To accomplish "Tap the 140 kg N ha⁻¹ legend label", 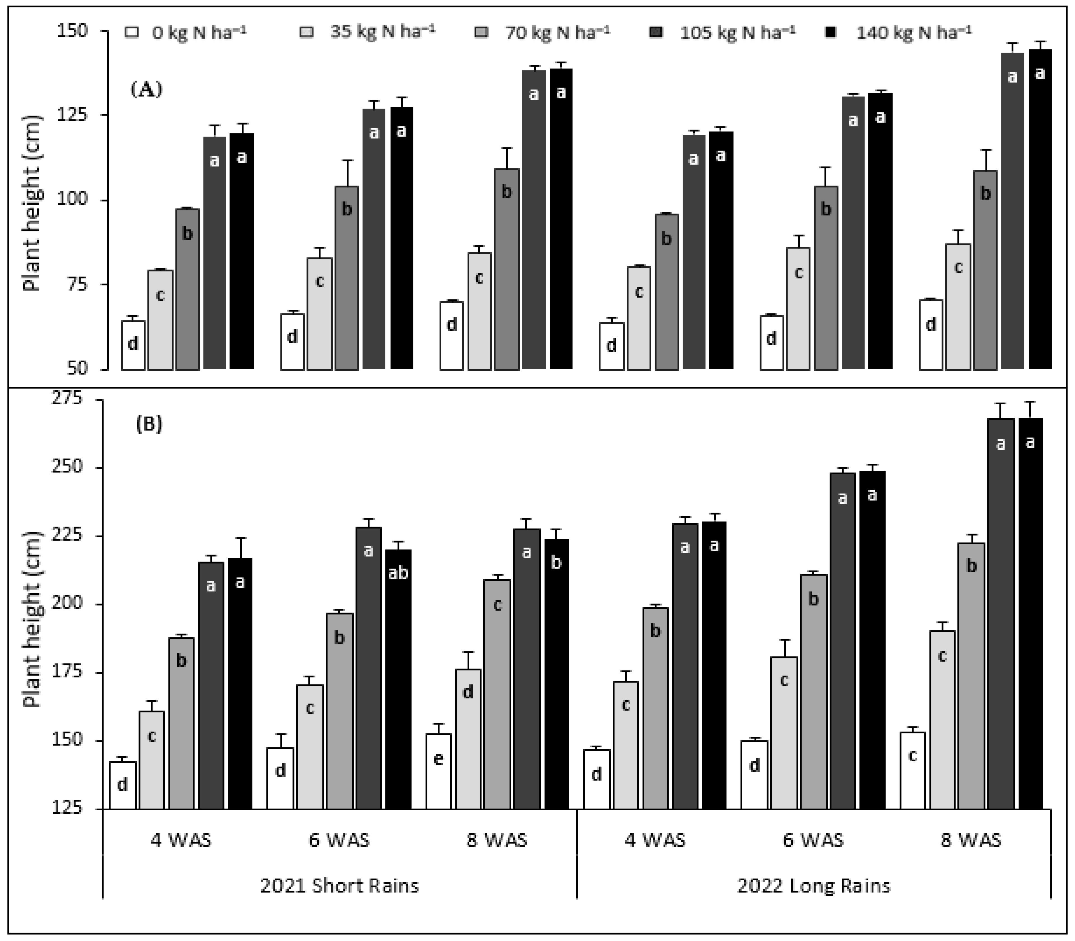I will [x=914, y=32].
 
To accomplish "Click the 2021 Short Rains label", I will [x=339, y=886].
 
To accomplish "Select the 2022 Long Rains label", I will [x=814, y=886].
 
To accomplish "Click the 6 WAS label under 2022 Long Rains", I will [x=813, y=840].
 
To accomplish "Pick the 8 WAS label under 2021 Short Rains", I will [x=497, y=840].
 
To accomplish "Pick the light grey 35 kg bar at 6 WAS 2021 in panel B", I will [x=310, y=746].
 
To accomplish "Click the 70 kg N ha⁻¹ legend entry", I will [x=557, y=32].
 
